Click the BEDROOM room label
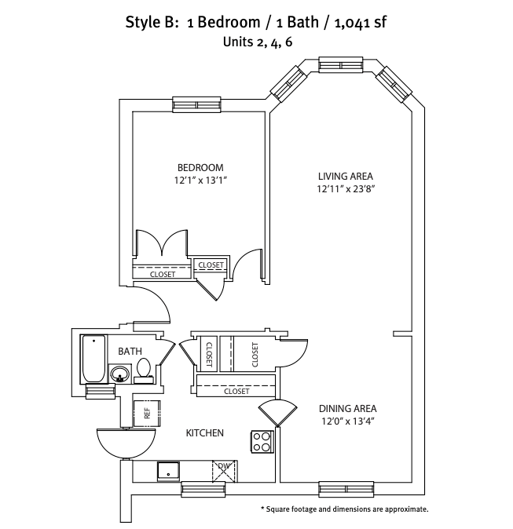point(200,167)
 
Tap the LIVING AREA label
point(345,175)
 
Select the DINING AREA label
point(347,408)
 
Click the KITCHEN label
point(205,433)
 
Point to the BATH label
point(130,351)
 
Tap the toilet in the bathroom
point(145,369)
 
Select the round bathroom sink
point(120,374)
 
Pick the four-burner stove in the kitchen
point(262,442)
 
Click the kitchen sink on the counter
point(168,470)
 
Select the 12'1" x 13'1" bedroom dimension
point(200,181)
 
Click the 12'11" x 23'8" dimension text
point(345,188)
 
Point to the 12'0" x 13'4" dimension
point(347,421)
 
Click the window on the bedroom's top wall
point(196,104)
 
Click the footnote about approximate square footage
point(344,509)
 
